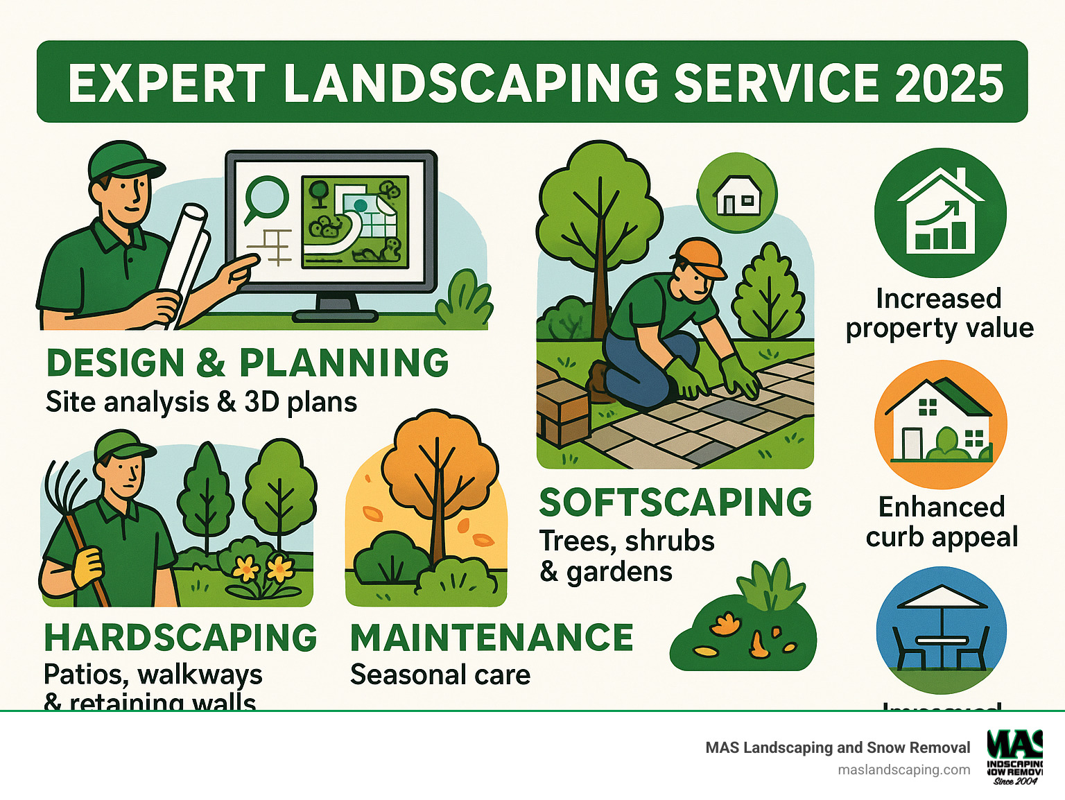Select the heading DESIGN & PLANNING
coord(248,363)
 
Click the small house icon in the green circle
coord(737,194)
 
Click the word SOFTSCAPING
coord(675,503)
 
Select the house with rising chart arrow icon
coord(940,213)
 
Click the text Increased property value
coord(940,313)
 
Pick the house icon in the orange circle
coord(940,424)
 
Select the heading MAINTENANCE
coord(492,638)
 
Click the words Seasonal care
coord(440,675)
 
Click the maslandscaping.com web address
coord(903,769)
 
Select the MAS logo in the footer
coord(1015,756)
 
